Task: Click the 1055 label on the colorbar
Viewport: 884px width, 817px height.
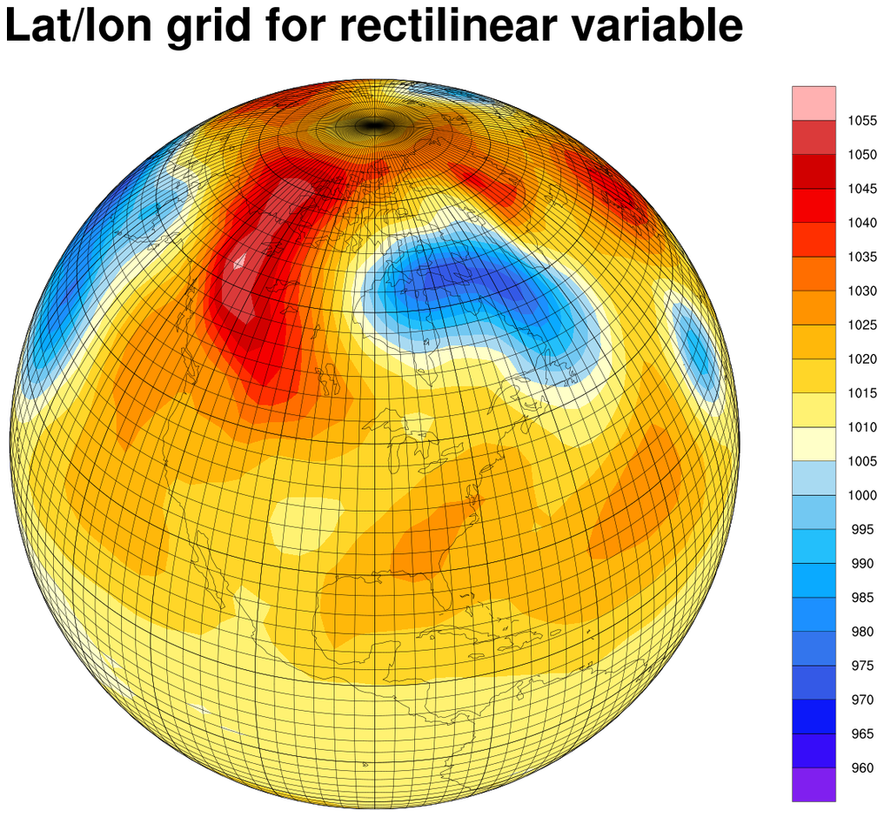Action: [x=862, y=121]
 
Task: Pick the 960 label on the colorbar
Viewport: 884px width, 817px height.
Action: [x=862, y=767]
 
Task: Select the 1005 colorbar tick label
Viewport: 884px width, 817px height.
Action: [x=862, y=461]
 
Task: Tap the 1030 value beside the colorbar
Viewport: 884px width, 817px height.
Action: [x=862, y=291]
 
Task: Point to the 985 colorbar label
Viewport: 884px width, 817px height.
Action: [x=862, y=598]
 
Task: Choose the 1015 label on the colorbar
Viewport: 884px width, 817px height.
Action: [x=862, y=393]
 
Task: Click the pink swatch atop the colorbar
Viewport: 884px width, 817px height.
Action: [x=814, y=103]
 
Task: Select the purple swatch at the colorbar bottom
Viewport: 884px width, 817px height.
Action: [x=814, y=784]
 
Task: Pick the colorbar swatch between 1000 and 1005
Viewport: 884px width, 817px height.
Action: [x=814, y=478]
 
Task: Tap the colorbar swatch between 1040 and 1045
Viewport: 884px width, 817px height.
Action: [x=814, y=205]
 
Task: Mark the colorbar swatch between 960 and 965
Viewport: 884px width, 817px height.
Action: [x=814, y=750]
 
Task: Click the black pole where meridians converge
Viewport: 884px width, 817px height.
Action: [x=373, y=126]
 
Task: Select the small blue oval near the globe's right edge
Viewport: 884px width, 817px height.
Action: [x=697, y=352]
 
